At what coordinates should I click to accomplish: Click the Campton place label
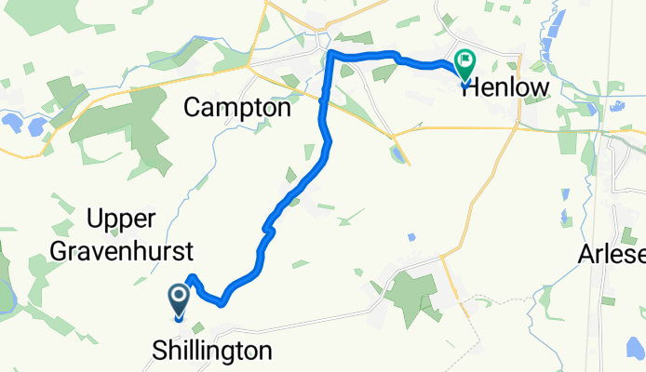237,107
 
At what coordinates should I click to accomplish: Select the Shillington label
213,351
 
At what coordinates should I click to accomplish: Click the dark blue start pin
178,299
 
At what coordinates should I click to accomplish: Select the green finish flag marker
464,64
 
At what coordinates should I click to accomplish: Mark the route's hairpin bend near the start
192,277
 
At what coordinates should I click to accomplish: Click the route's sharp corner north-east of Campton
331,56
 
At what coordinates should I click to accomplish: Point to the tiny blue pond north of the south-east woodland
410,238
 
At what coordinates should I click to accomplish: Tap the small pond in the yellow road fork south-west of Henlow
398,153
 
